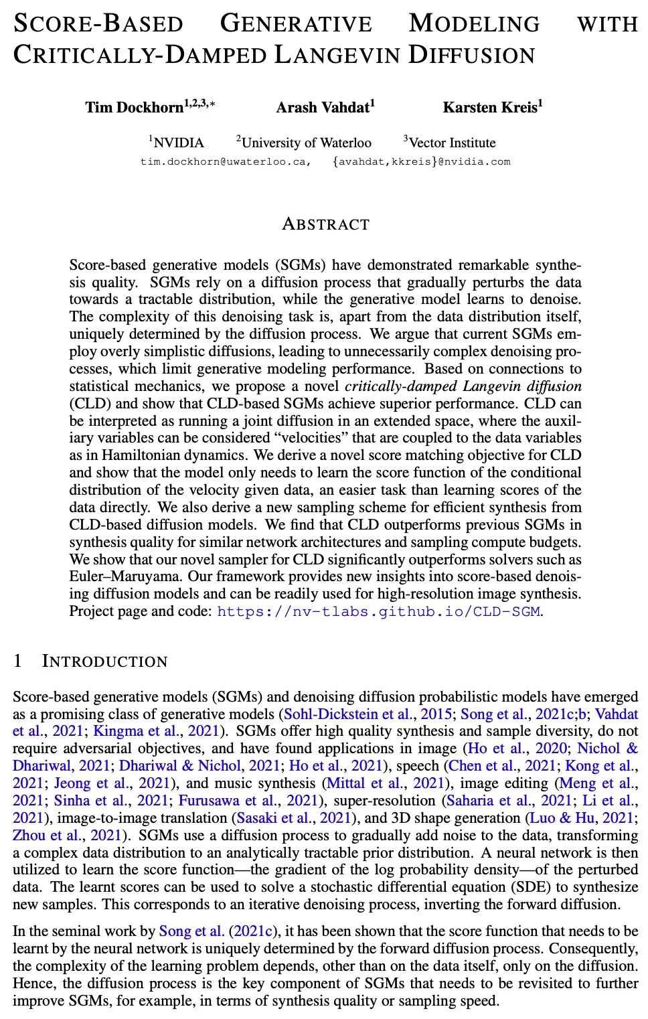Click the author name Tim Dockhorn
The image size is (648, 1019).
coord(134,107)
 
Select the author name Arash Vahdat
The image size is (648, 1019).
coord(322,107)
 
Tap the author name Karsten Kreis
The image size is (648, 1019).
coord(489,107)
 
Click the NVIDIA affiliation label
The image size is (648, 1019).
coord(178,143)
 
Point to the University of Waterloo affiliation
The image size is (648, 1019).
coord(306,143)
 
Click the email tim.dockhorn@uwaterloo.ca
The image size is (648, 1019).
coord(224,161)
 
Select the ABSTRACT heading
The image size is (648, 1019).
coord(325,224)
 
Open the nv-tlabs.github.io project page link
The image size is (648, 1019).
coord(378,611)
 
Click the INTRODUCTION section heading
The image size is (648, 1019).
coord(104,661)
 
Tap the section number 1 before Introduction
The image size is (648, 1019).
coord(18,661)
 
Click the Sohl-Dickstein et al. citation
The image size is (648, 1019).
coord(348,714)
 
